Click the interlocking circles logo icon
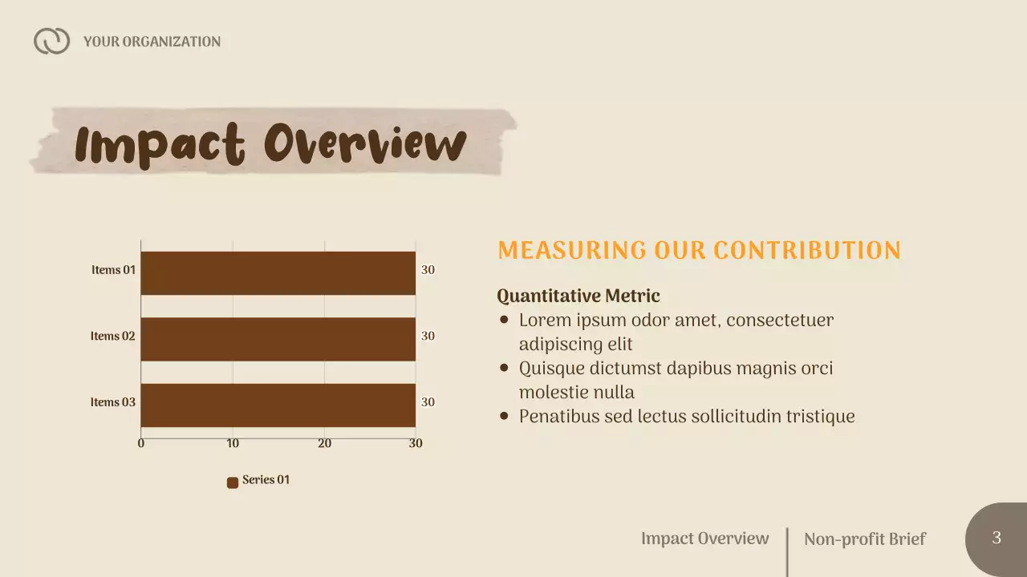tap(51, 41)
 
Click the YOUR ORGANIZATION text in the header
tap(152, 42)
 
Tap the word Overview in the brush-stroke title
tap(365, 144)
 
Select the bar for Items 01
tap(278, 273)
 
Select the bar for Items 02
tap(278, 339)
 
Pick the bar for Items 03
tap(278, 405)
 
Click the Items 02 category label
tap(112, 337)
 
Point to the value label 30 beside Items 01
tap(428, 271)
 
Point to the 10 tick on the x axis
tap(233, 443)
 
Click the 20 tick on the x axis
tap(324, 443)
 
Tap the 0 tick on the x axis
tap(141, 443)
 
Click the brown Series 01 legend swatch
tap(233, 482)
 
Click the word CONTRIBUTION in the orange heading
tap(807, 251)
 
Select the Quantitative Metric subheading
tap(578, 297)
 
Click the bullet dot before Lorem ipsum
tap(504, 320)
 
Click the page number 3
tap(997, 538)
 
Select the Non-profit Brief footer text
tap(864, 539)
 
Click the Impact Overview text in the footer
tap(704, 539)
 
